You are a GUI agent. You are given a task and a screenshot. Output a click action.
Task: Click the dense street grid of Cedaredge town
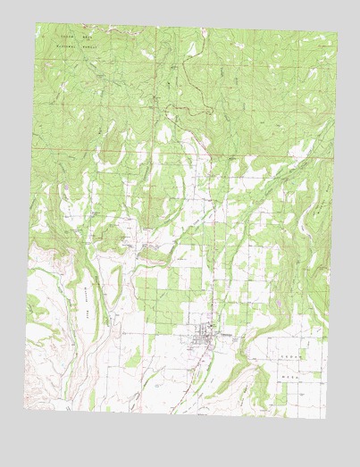208,338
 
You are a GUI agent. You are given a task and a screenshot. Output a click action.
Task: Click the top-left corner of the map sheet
36,23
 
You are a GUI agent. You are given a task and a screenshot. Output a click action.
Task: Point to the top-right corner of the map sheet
338,35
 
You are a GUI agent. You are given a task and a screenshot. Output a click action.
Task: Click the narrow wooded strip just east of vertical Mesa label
105,304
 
